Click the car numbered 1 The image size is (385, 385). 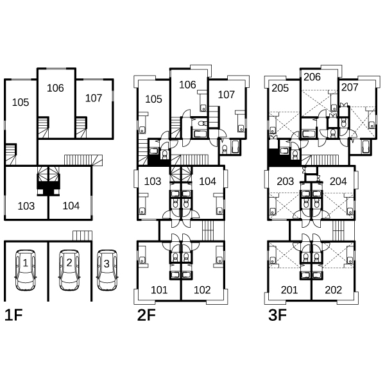[26, 270]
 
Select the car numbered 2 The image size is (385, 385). [69, 270]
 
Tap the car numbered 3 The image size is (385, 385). [107, 270]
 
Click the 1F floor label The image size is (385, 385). [13, 315]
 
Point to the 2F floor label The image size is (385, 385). [146, 315]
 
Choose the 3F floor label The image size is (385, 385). [277, 315]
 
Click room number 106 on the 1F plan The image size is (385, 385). [55, 88]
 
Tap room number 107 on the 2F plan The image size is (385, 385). [227, 94]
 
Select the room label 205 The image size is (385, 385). [280, 88]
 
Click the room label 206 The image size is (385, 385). [312, 77]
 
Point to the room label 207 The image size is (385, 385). [350, 87]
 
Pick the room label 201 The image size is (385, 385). [289, 290]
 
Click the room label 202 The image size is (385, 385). [334, 290]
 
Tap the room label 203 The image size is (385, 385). [286, 181]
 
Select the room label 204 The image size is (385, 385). [338, 181]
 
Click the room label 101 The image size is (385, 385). [159, 290]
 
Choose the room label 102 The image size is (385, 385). [202, 290]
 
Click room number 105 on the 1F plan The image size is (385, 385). [21, 103]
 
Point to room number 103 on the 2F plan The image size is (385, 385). [153, 181]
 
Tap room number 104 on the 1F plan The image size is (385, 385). [71, 206]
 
